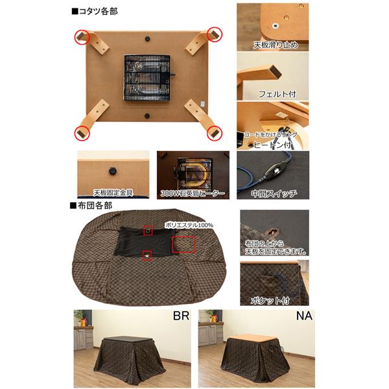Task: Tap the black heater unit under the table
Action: [x=146, y=79]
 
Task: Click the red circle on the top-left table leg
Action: [x=82, y=36]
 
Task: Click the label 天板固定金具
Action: [x=114, y=193]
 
